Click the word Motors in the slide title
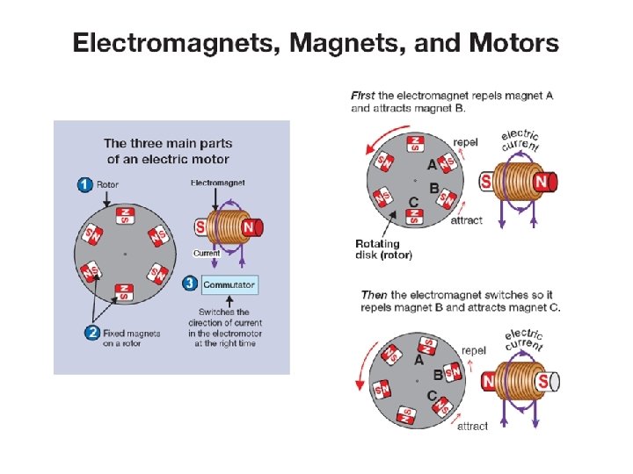pos(514,42)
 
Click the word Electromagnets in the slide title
pos(172,42)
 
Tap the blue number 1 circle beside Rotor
pos(84,184)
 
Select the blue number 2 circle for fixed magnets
pos(91,332)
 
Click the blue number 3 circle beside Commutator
pos(190,284)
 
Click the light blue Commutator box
pos(229,284)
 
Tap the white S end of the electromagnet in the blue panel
pos(200,227)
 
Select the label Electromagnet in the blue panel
pos(217,183)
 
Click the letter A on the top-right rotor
pos(431,164)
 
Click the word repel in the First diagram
pos(465,141)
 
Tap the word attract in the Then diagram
pos(472,426)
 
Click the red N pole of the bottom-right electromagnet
pos(491,382)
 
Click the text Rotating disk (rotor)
pos(383,249)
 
